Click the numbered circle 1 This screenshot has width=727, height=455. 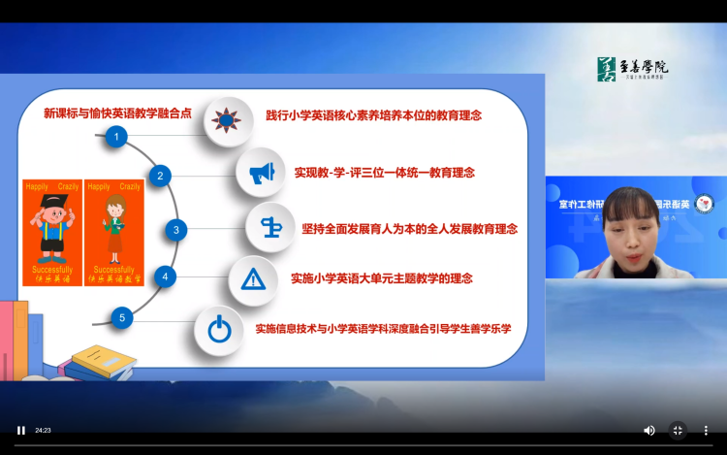(x=116, y=138)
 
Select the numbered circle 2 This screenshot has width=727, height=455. (x=160, y=176)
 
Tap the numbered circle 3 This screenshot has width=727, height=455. (x=175, y=230)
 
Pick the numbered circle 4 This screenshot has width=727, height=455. (x=166, y=276)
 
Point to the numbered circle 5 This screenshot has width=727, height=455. (x=121, y=317)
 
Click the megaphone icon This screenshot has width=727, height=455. (x=261, y=174)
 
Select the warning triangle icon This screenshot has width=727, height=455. (x=253, y=279)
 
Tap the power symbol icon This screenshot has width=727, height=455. (x=219, y=330)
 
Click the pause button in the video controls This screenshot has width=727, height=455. (x=20, y=430)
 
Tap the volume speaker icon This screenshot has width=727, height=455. (x=649, y=430)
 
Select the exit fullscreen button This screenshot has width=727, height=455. (x=678, y=430)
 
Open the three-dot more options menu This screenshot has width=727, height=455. (x=706, y=430)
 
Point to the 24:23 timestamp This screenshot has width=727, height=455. (x=43, y=430)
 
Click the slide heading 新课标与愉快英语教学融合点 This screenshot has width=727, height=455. (x=117, y=113)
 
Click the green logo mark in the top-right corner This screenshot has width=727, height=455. (x=607, y=68)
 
